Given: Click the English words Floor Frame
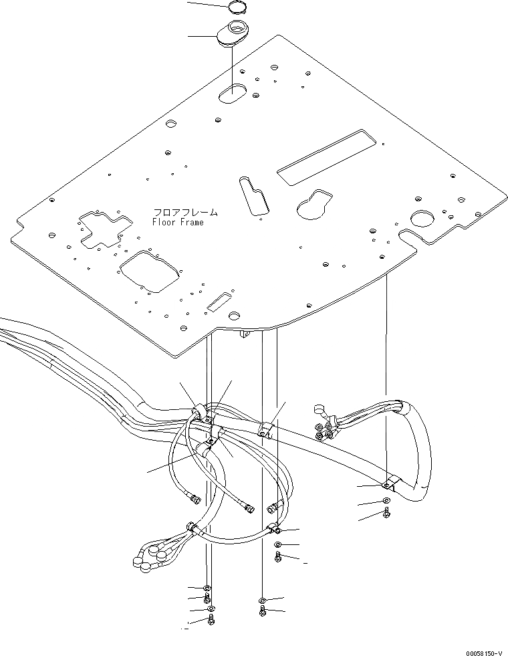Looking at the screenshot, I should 177,222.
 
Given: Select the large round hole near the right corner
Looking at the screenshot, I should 422,218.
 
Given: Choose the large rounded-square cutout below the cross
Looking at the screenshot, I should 149,271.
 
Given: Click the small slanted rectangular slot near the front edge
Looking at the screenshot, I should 220,302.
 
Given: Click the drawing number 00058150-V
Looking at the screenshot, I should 480,649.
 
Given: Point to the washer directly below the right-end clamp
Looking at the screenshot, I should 388,501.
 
